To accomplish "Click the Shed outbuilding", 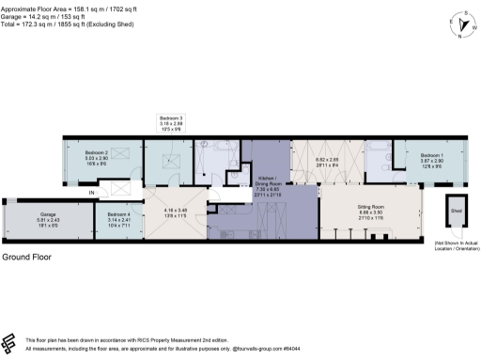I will pyautogui.click(x=456, y=211).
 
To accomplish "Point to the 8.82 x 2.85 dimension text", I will pyautogui.click(x=326, y=163).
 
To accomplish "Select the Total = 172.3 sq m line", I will pyautogui.click(x=75, y=24).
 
